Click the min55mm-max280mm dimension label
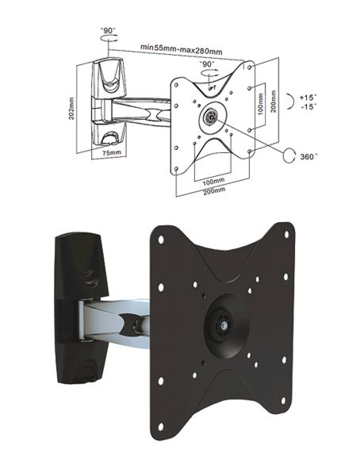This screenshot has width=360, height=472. coord(182,49)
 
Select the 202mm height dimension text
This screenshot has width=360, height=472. coord(71,109)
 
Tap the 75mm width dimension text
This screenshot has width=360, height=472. coord(112,152)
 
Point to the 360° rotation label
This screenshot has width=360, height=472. coord(308,156)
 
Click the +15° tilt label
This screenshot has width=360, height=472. coord(308,98)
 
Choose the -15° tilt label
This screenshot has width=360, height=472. coord(308,106)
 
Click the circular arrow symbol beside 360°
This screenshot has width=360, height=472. coord(289,156)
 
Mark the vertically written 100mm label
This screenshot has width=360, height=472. coord(261,104)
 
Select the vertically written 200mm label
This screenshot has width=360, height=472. coord(274,102)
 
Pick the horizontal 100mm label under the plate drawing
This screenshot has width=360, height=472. coord(214,182)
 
